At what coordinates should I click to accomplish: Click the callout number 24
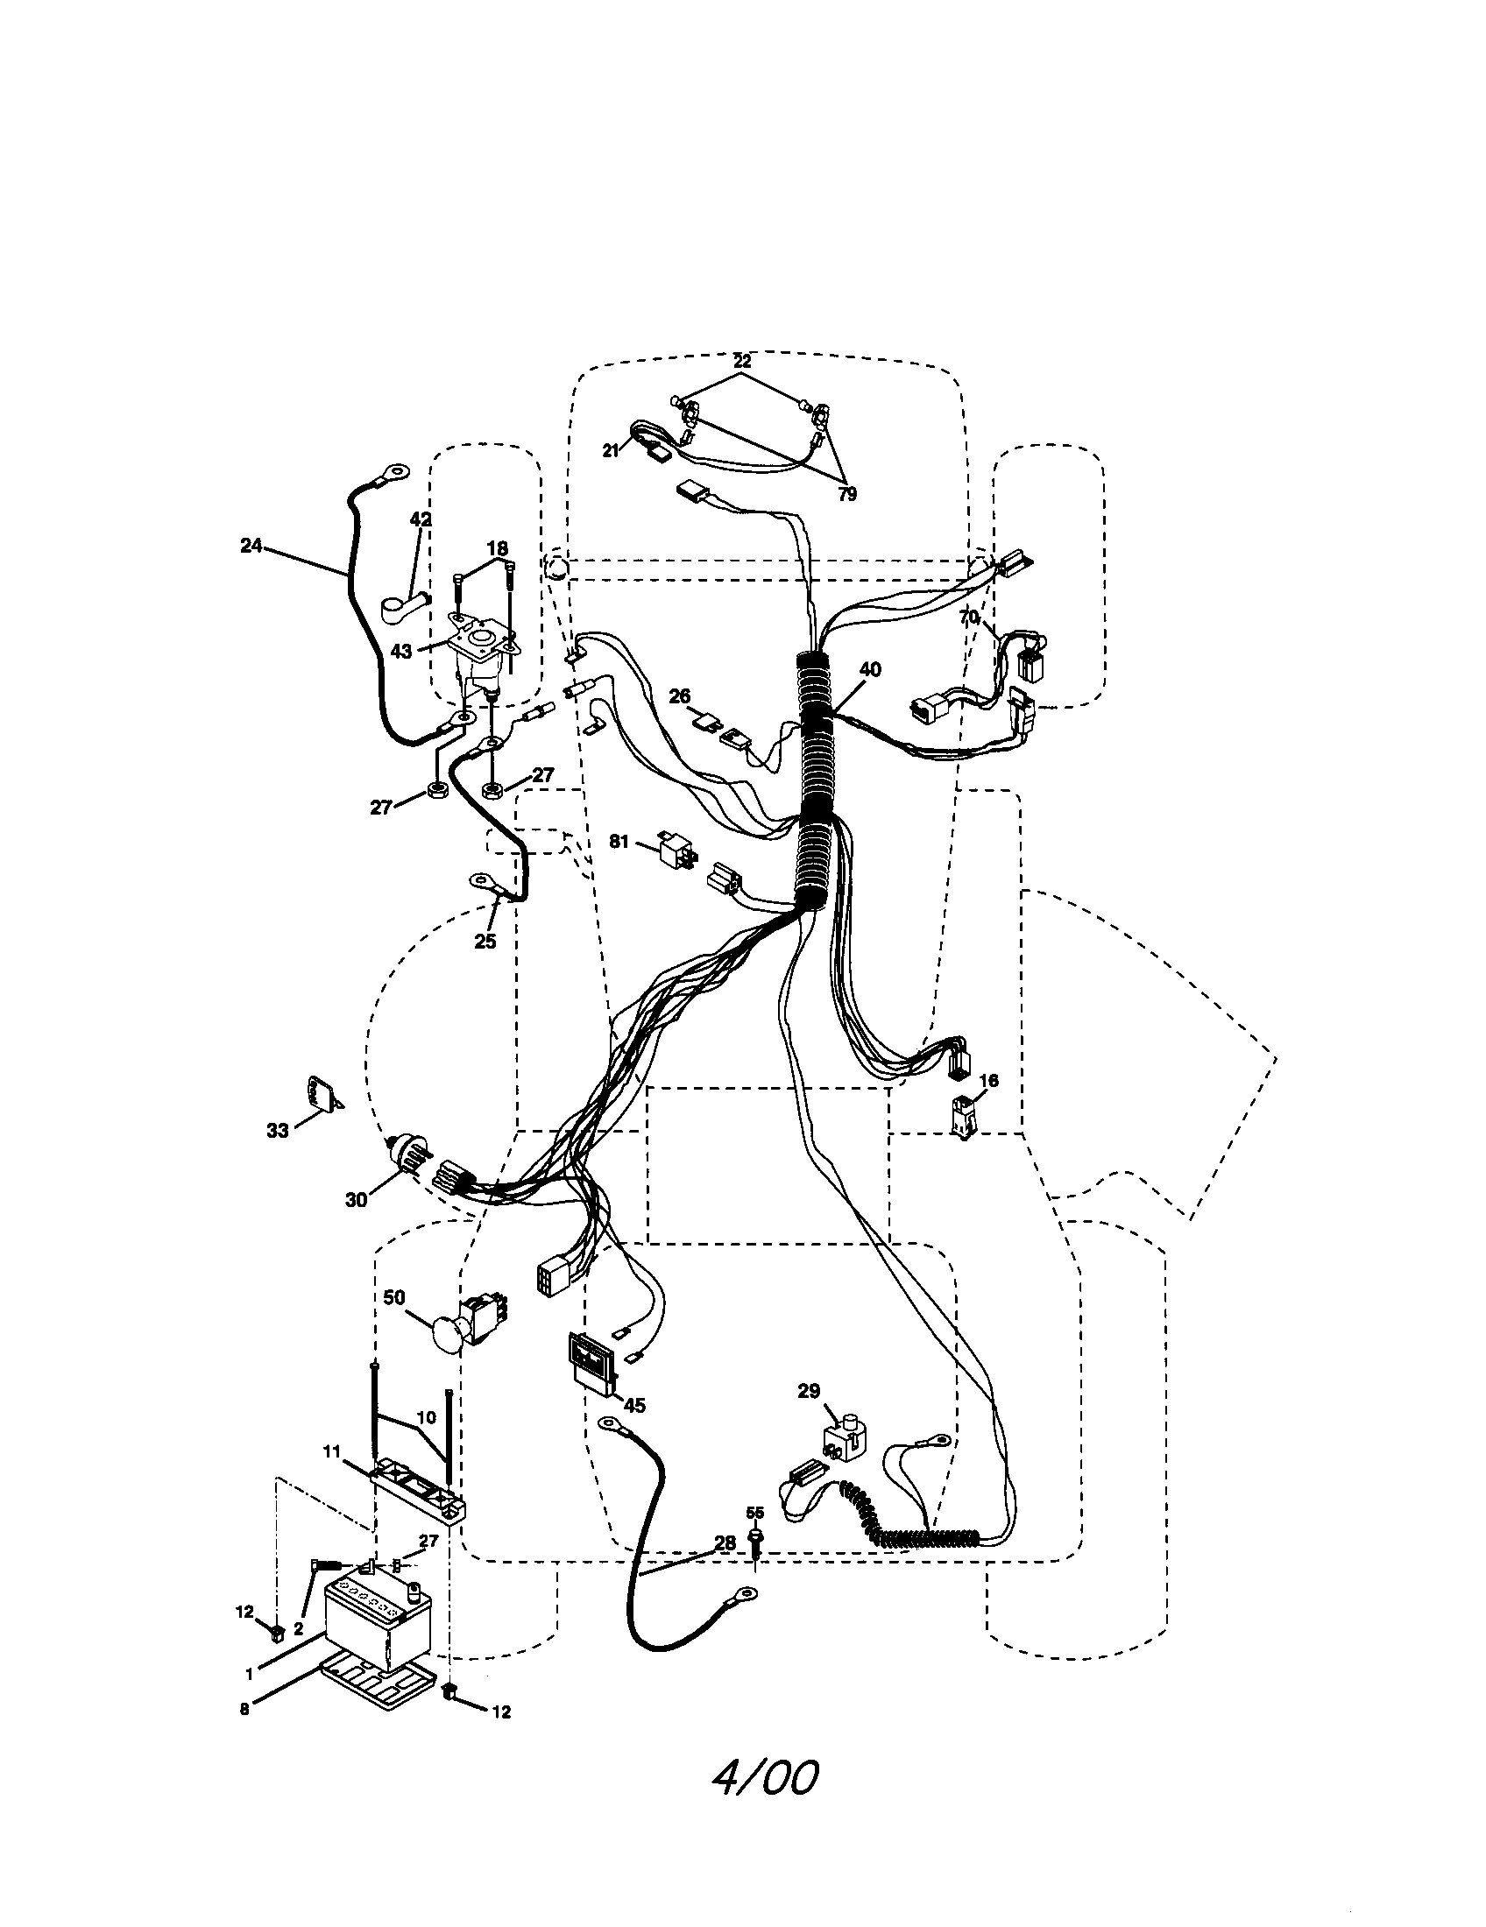[251, 547]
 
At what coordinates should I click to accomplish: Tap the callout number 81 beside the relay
[619, 842]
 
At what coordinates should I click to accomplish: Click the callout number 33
[277, 1130]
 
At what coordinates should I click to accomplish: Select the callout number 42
[421, 519]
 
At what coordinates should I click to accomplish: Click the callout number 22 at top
[741, 361]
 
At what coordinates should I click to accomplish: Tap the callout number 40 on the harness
[869, 670]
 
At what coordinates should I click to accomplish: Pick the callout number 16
[988, 1081]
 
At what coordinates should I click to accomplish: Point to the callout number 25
[485, 942]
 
